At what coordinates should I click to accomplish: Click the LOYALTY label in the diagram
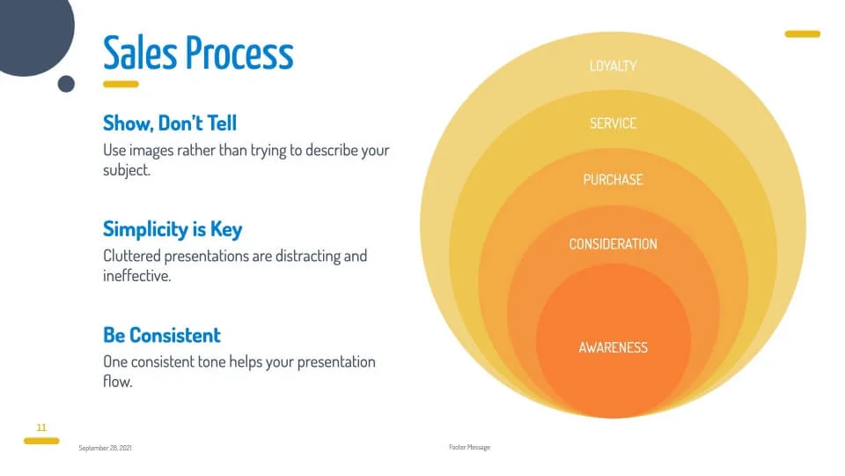pyautogui.click(x=614, y=66)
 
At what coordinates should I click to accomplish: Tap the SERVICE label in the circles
pyautogui.click(x=614, y=123)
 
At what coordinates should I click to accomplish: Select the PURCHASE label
pyautogui.click(x=614, y=180)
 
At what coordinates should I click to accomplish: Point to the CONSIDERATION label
pyautogui.click(x=614, y=244)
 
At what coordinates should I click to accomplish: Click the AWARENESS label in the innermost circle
pyautogui.click(x=614, y=347)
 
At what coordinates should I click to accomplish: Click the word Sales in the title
pyautogui.click(x=140, y=52)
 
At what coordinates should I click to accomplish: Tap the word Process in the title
pyautogui.click(x=239, y=52)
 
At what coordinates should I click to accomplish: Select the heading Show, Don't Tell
pyautogui.click(x=170, y=123)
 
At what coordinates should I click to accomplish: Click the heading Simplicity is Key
pyautogui.click(x=173, y=229)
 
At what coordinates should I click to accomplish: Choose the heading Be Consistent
pyautogui.click(x=162, y=335)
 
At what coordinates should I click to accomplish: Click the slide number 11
pyautogui.click(x=41, y=428)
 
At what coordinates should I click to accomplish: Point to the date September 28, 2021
pyautogui.click(x=105, y=448)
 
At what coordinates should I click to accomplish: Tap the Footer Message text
pyautogui.click(x=469, y=448)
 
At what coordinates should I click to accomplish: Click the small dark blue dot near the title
pyautogui.click(x=66, y=85)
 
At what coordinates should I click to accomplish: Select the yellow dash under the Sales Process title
pyautogui.click(x=121, y=85)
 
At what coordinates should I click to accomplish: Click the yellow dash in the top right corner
pyautogui.click(x=803, y=34)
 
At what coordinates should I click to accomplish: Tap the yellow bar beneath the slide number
pyautogui.click(x=41, y=441)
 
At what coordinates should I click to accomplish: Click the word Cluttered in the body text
pyautogui.click(x=132, y=256)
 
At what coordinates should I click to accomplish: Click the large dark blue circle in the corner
pyautogui.click(x=34, y=33)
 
